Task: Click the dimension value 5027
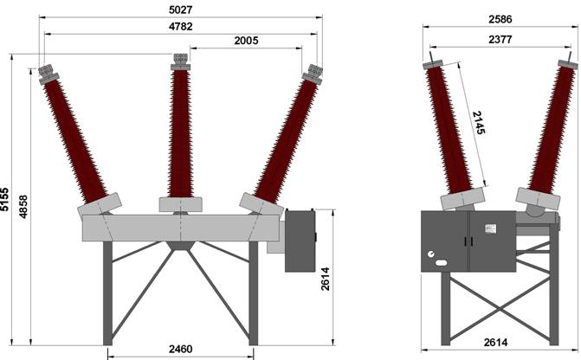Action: pyautogui.click(x=180, y=10)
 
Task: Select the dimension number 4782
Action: pyautogui.click(x=180, y=27)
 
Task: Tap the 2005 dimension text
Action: pyautogui.click(x=246, y=41)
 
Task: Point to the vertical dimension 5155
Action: pyautogui.click(x=5, y=199)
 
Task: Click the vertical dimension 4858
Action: pyautogui.click(x=23, y=206)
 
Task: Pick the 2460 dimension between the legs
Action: pyautogui.click(x=180, y=349)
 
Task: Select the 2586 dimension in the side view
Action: pyautogui.click(x=500, y=19)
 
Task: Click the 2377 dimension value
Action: pyautogui.click(x=500, y=39)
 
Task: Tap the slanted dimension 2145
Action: pyautogui.click(x=478, y=123)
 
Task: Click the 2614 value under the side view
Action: pyautogui.click(x=495, y=343)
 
